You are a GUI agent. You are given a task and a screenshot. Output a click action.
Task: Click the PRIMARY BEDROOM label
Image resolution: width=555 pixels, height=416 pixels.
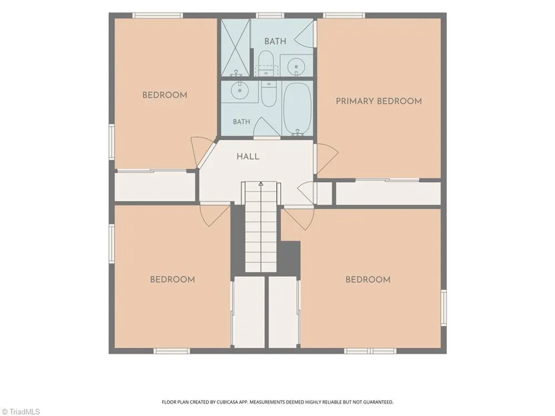click(379, 101)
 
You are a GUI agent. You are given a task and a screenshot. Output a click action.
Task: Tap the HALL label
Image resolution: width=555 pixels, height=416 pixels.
click(248, 156)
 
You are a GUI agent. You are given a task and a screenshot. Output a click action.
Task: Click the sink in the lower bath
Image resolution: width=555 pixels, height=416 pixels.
click(239, 90)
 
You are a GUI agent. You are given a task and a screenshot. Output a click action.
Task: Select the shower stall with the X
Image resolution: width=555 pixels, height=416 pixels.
click(235, 48)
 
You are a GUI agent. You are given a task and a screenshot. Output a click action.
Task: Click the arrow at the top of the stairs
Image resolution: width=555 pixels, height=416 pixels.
click(261, 184)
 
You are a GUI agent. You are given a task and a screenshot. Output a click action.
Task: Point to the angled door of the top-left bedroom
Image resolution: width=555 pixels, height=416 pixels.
click(199, 150)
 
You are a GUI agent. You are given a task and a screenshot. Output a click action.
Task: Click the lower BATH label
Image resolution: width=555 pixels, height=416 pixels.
click(241, 121)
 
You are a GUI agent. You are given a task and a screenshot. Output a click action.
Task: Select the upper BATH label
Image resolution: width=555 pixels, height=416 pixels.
click(275, 42)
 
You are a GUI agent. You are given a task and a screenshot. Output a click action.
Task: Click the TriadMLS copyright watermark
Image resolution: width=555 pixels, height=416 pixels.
click(20, 412)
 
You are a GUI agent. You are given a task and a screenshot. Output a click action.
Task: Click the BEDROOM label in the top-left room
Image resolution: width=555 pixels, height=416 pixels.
click(165, 95)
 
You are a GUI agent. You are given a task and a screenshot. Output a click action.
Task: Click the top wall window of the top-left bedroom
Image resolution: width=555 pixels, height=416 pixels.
click(158, 15)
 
